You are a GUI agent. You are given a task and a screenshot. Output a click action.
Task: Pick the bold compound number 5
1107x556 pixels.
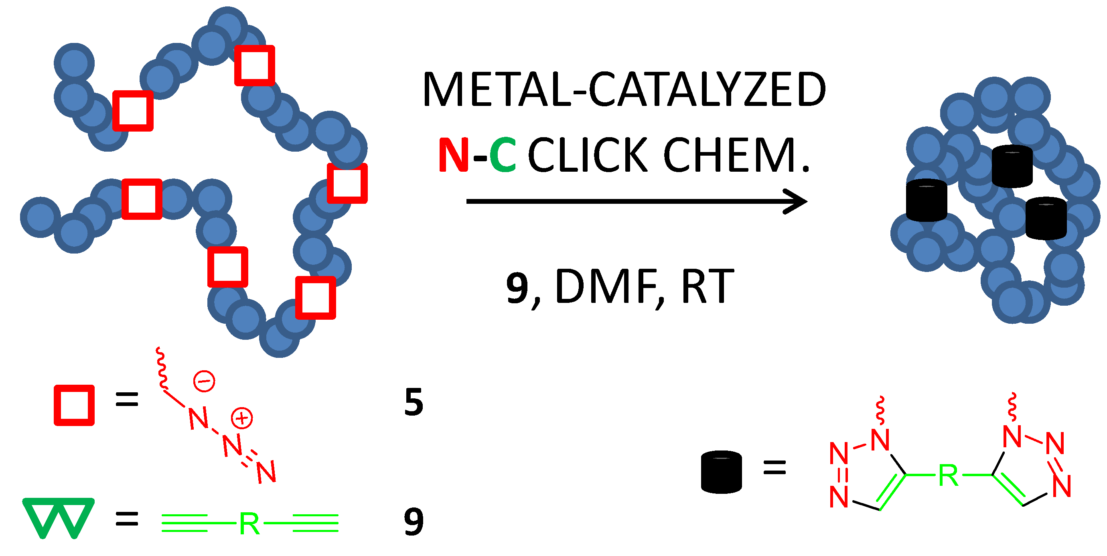tap(414, 402)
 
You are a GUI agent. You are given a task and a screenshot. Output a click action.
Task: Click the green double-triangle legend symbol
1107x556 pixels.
tap(58, 518)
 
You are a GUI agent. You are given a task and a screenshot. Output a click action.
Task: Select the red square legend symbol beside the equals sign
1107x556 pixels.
tap(74, 405)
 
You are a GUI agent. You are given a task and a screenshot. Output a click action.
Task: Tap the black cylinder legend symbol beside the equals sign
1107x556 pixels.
tap(721, 471)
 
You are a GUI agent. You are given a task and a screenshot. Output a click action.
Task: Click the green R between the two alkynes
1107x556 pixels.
tap(249, 524)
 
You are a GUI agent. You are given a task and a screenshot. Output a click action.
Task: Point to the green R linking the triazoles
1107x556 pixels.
tap(949, 475)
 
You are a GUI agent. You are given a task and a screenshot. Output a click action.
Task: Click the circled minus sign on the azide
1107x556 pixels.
tap(204, 381)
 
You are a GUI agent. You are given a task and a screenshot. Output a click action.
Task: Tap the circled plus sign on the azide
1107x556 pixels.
tap(242, 418)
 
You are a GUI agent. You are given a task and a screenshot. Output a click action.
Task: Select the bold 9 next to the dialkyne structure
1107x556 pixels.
tap(414, 522)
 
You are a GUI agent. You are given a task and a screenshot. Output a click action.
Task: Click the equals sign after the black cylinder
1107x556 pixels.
tap(774, 467)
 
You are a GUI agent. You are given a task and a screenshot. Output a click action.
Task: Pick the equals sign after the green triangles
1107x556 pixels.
tap(127, 519)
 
